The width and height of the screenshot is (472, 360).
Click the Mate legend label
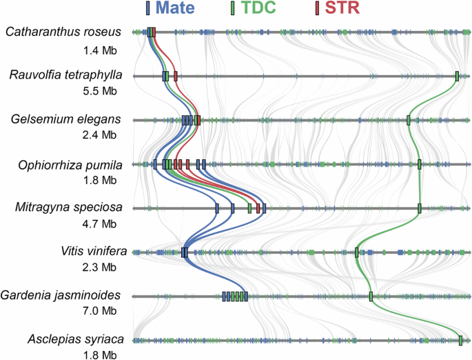(x=177, y=9)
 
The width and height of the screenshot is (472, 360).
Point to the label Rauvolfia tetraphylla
(x=65, y=75)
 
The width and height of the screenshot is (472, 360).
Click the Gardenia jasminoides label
(x=61, y=295)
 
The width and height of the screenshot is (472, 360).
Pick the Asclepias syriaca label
(x=74, y=340)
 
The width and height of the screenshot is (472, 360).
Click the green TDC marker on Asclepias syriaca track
(x=460, y=340)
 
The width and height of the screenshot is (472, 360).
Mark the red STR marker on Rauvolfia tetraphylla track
(x=176, y=76)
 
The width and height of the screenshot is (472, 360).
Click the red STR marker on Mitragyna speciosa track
(x=258, y=208)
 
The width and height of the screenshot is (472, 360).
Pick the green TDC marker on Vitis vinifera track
(x=356, y=252)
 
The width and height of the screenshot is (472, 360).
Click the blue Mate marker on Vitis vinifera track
(x=184, y=252)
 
